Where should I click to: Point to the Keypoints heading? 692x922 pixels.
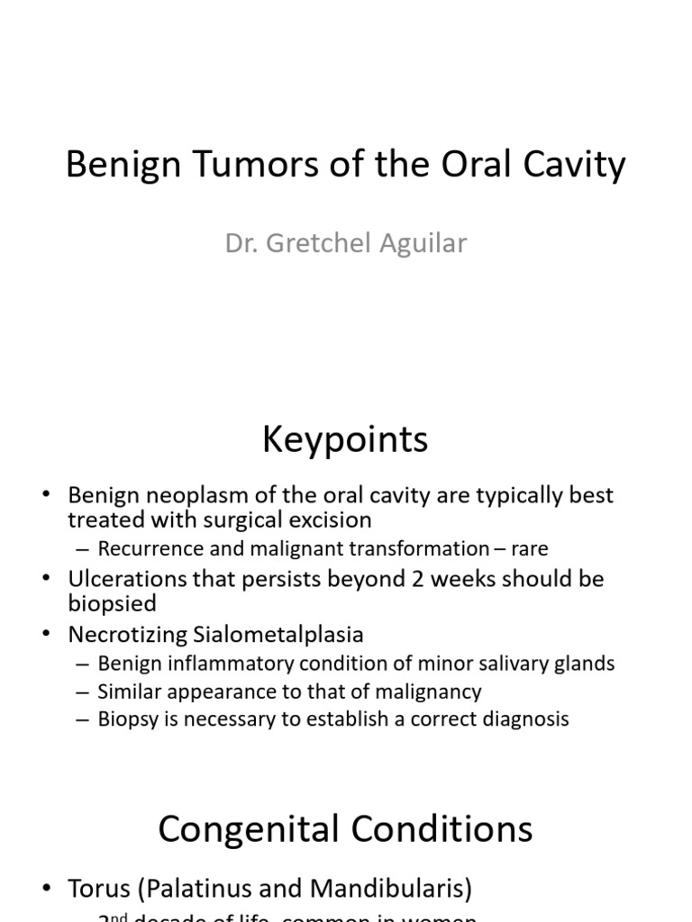point(345,439)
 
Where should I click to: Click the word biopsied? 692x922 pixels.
point(113,603)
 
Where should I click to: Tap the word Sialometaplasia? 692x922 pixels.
point(278,634)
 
